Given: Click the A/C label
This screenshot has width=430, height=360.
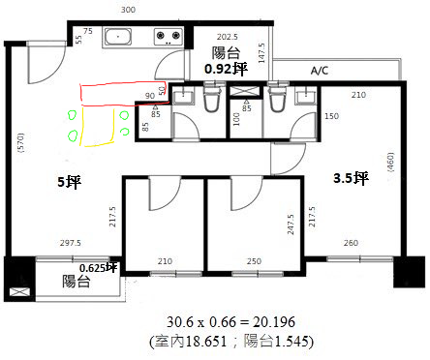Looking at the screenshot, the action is [320, 71].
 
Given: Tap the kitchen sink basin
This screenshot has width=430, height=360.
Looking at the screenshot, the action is [118, 37].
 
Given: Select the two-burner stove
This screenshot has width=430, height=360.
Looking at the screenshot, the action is [168, 37].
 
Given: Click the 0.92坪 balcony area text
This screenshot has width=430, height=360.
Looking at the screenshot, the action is [226, 69].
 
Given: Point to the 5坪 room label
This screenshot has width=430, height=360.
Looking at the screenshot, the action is [69, 182].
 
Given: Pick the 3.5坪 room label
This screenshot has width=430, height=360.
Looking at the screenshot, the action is [351, 178].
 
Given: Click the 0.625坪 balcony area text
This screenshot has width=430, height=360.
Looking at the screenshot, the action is [98, 268].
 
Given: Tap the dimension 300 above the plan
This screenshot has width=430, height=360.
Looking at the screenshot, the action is [128, 10].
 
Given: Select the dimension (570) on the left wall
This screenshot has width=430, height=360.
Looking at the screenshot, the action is [21, 142].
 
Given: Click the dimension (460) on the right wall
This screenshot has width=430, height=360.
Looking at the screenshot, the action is [390, 162].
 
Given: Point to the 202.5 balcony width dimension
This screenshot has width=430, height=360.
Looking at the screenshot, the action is [228, 37].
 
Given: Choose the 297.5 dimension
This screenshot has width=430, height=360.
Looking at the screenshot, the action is [71, 243].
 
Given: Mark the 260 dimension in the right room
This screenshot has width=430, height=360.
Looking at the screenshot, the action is [351, 243].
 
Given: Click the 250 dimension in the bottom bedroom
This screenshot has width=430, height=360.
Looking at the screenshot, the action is [254, 261].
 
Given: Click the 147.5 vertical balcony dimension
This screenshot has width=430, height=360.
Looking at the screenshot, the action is [261, 53].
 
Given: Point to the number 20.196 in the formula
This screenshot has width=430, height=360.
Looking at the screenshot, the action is [274, 322].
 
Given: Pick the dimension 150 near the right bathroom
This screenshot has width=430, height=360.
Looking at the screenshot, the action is [332, 116].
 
